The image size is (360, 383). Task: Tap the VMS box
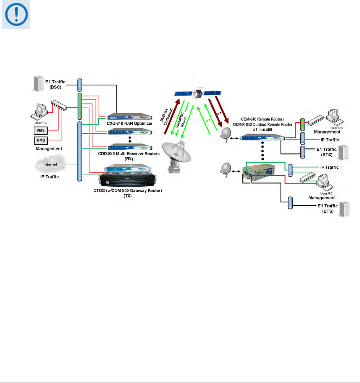[x=37, y=130]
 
